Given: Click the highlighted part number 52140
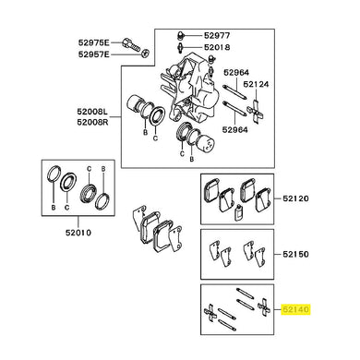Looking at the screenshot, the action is pos(296,309).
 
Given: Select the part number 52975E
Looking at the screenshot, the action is pos(93,42).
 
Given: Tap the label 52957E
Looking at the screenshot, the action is pos(93,54).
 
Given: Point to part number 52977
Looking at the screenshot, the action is pos(217,36).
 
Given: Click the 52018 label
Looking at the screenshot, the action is pos(217,47).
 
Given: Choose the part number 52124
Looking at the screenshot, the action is pos(256,84).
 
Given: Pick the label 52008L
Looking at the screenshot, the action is pos(92,111).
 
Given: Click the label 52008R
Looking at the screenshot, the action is pos(92,122).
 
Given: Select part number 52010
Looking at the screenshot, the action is pos(78,233).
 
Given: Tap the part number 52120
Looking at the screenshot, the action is pos(295,198).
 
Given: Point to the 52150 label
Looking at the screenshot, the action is pos(295,254).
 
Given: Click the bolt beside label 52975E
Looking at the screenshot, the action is pos(131,44).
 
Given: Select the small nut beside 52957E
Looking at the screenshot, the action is pos(146,53).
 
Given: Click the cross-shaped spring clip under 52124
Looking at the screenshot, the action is pos(256,112).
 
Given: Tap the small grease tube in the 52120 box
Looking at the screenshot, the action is pos(237,213).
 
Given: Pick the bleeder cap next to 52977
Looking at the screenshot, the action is pos(181,35).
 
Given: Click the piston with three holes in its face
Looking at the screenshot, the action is pos(207,143).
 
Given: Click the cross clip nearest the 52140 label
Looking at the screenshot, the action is pos(264,307).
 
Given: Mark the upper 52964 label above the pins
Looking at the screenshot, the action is pos(236,73).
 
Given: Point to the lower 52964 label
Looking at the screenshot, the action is pos(235,129).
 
